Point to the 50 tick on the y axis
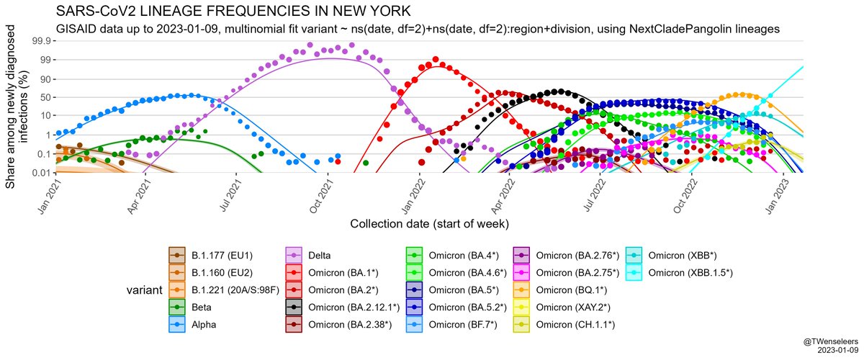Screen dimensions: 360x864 (45, 96)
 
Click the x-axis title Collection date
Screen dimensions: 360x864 (431, 223)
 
